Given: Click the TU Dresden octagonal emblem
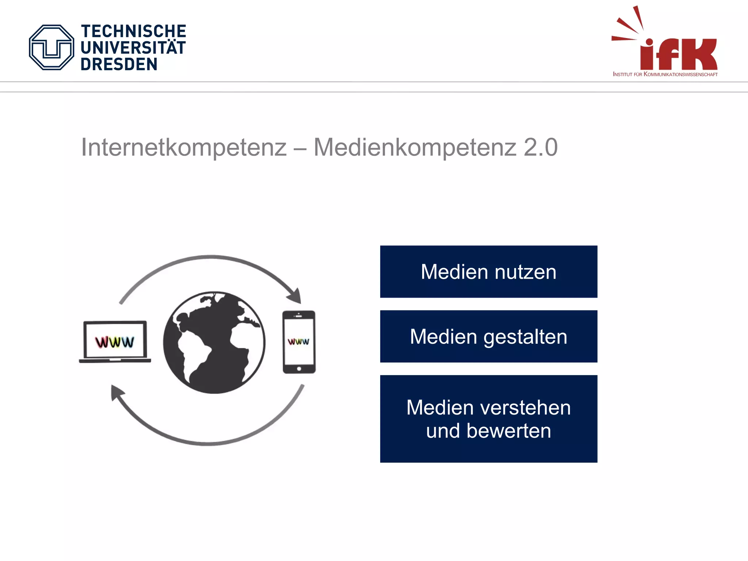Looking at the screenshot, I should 51,47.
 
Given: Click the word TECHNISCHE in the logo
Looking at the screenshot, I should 133,31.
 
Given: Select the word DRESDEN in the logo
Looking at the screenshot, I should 119,64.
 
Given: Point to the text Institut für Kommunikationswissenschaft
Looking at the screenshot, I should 665,75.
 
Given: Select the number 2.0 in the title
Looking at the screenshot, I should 540,148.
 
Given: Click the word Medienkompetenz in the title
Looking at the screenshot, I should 415,148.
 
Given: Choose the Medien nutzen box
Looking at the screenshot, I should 488,272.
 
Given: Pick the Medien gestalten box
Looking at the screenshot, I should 488,336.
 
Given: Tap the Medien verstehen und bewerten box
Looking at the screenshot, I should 488,419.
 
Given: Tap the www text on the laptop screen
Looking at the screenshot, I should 115,342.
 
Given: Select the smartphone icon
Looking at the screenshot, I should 299,342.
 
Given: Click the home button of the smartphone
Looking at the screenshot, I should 299,369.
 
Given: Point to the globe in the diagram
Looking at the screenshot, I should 214,343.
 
